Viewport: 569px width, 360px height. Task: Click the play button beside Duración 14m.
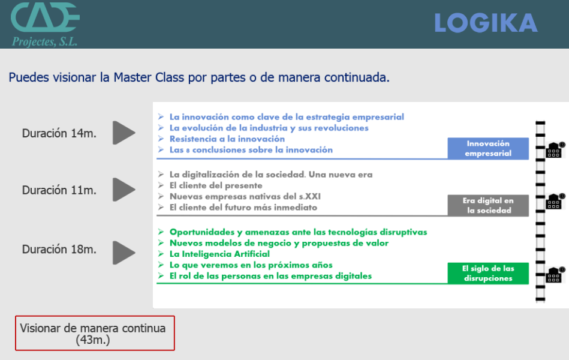(x=124, y=133)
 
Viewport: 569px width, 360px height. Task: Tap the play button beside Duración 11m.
(x=124, y=190)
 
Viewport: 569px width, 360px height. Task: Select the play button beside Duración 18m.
(x=124, y=253)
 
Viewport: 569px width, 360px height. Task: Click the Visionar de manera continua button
(x=95, y=333)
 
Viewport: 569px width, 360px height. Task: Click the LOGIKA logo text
(x=486, y=23)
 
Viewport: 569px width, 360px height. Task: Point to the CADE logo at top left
(x=45, y=17)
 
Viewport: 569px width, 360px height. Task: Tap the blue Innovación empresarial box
(x=488, y=149)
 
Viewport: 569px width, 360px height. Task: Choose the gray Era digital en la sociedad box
(x=488, y=206)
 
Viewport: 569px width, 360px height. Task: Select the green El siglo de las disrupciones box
(x=488, y=273)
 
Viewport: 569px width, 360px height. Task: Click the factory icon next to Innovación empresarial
(x=555, y=149)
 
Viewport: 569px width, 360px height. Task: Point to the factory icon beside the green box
(x=555, y=275)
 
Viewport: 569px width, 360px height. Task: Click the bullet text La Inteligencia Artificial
(x=219, y=254)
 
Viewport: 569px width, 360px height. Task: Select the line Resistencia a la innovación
(x=227, y=139)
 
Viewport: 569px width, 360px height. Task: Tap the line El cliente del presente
(x=216, y=185)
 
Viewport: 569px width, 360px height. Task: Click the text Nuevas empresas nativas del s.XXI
(x=245, y=197)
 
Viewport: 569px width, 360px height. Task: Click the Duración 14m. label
(x=59, y=133)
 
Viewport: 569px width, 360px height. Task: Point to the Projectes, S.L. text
(x=44, y=41)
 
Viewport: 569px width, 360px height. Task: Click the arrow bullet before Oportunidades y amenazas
(x=161, y=232)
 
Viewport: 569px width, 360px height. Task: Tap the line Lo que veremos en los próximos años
(x=251, y=265)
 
